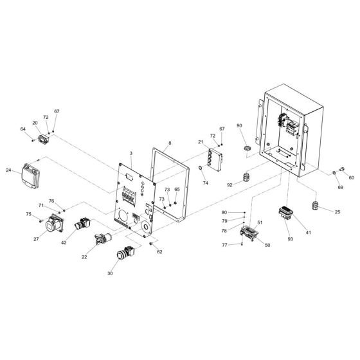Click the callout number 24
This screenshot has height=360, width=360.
pyautogui.click(x=8, y=171)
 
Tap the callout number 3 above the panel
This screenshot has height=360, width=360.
pyautogui.click(x=130, y=154)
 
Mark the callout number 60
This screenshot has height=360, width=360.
pyautogui.click(x=351, y=177)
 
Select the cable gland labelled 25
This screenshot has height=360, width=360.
pyautogui.click(x=316, y=206)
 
